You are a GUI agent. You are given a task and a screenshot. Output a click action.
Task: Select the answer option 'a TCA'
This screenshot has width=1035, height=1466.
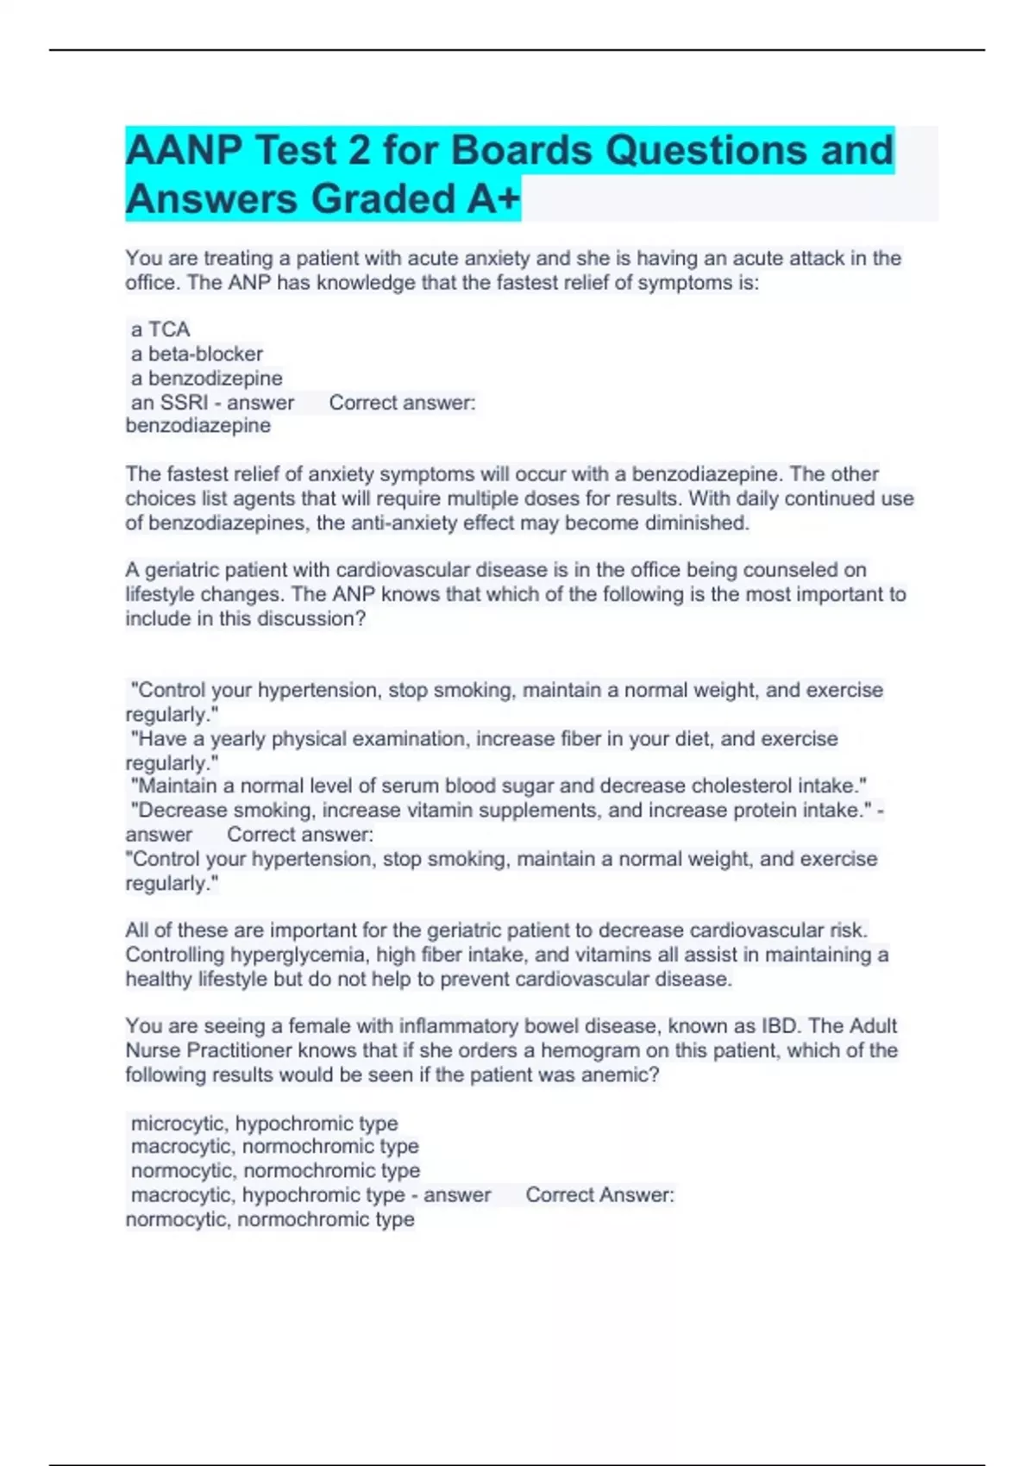click(x=160, y=329)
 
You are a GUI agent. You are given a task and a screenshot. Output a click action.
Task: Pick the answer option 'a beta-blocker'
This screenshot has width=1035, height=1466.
click(x=197, y=354)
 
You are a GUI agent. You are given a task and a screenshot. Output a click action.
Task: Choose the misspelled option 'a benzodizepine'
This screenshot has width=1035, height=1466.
click(x=206, y=378)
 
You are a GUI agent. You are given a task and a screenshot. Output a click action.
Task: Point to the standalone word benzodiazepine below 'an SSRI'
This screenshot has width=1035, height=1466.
click(x=198, y=425)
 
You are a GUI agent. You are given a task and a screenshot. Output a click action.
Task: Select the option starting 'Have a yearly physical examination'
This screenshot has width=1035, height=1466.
click(x=483, y=739)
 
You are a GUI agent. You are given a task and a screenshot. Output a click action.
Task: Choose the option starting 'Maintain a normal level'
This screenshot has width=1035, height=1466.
click(x=498, y=786)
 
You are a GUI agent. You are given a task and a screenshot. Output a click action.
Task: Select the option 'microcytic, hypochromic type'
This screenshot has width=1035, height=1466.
click(x=264, y=1123)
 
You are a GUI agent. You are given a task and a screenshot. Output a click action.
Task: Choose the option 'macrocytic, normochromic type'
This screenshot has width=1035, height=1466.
click(x=274, y=1146)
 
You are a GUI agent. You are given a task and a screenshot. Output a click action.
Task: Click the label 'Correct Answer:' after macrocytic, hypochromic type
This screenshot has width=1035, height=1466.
click(x=599, y=1195)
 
